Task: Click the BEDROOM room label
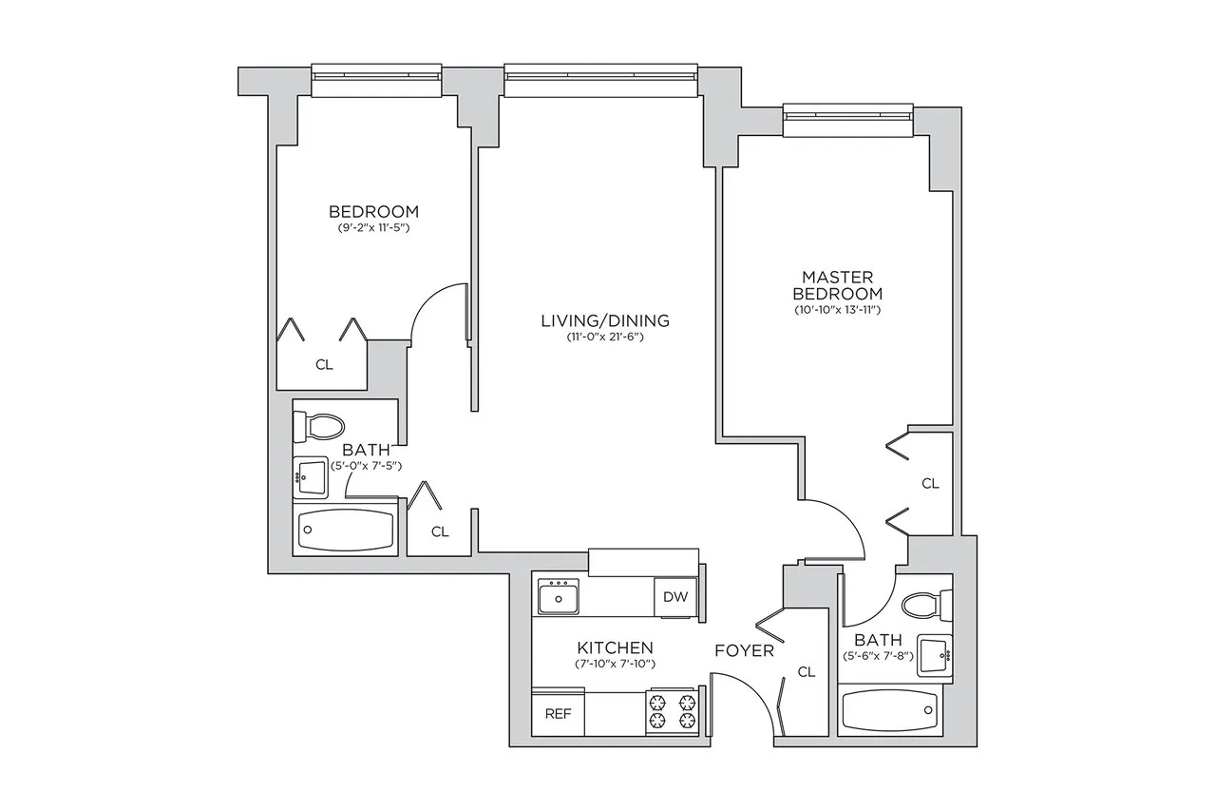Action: [373, 211]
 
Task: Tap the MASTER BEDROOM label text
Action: [839, 284]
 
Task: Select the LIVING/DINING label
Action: [605, 320]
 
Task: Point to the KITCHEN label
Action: [615, 647]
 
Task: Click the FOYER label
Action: [744, 651]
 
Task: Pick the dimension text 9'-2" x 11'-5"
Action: [373, 229]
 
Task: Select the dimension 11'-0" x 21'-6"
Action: [605, 338]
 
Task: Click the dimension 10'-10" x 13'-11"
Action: [839, 310]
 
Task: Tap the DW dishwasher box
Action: [675, 598]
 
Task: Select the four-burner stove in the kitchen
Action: [672, 711]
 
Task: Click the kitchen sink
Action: [559, 596]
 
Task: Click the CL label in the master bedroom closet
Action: [930, 483]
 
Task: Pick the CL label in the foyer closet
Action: [807, 672]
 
